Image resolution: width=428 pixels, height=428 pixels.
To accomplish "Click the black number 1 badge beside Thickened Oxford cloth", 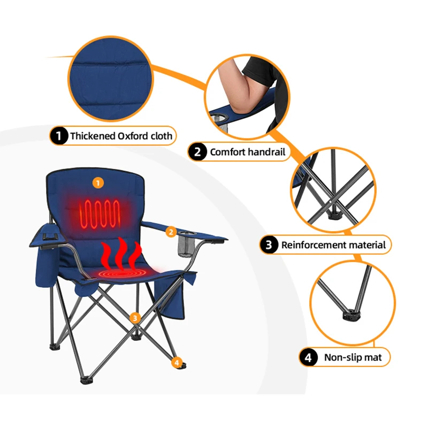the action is [x=59, y=135].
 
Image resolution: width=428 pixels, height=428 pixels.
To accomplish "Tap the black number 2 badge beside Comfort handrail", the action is [x=197, y=152].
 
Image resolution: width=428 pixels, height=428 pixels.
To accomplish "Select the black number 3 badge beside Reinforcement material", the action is [x=269, y=245].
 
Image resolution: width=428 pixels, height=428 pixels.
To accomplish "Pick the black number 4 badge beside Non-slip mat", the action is [x=308, y=357].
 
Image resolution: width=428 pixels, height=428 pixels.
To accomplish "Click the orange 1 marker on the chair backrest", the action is [x=98, y=183].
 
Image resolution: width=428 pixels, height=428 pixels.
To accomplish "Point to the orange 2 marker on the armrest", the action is [x=171, y=232].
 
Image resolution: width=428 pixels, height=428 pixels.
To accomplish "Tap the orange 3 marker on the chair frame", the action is [x=135, y=318].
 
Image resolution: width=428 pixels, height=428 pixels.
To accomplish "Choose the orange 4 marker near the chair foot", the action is [x=177, y=363].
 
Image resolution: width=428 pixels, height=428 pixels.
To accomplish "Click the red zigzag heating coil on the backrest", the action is [x=100, y=214].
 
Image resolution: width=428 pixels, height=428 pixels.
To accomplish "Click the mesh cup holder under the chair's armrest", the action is [x=185, y=244].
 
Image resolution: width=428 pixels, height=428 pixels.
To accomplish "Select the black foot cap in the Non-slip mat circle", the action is [x=351, y=316].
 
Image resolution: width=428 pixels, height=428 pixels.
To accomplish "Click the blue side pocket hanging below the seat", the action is [x=169, y=299].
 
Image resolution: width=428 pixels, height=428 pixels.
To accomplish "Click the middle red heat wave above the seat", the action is [x=121, y=254].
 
